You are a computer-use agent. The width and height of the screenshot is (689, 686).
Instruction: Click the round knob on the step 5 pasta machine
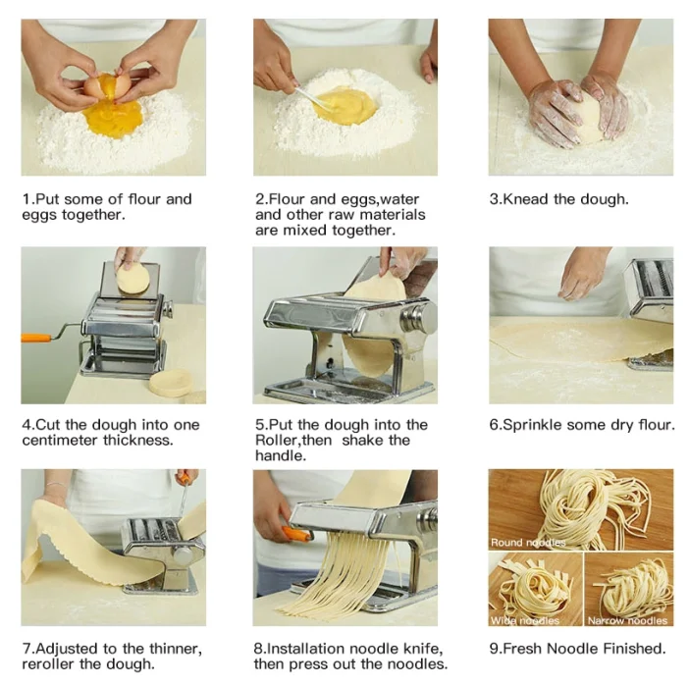click(x=425, y=317)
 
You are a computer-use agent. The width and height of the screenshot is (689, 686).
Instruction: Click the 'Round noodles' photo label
click(x=528, y=541)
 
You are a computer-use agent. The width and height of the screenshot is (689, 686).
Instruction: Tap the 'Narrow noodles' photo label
click(x=627, y=620)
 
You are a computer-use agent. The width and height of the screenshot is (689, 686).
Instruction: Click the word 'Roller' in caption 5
click(x=278, y=440)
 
